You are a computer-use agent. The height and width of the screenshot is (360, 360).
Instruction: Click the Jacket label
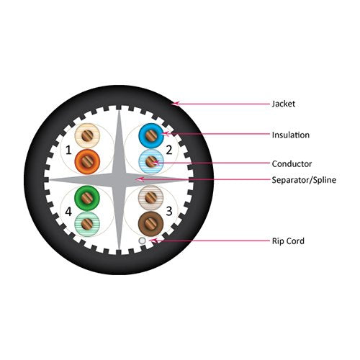point(283,104)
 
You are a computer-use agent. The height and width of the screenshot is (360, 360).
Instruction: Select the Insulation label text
point(290,135)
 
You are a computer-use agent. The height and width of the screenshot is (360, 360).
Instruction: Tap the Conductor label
point(292,164)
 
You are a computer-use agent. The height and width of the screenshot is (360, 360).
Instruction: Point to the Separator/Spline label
point(304,180)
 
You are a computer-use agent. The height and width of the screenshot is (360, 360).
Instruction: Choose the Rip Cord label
point(288,241)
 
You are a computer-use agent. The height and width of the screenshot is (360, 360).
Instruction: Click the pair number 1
point(68,150)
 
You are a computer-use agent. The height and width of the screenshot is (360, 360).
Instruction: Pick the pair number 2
point(169,150)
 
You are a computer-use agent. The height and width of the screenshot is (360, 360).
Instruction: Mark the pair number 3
point(169,211)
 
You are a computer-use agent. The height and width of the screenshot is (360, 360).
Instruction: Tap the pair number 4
point(68,212)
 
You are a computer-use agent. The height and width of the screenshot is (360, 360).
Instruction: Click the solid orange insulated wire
point(87,162)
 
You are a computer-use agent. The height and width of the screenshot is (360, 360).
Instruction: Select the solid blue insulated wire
point(151,136)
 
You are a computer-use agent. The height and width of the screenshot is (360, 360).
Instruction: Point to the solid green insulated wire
point(87,198)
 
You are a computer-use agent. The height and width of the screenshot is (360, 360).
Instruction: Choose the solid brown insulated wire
point(150,224)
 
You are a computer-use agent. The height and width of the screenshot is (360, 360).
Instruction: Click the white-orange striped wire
point(87,136)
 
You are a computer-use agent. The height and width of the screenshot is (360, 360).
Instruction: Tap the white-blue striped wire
point(151,162)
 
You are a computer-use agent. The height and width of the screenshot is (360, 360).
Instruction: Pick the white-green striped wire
point(87,224)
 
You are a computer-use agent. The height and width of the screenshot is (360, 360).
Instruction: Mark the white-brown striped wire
point(150,198)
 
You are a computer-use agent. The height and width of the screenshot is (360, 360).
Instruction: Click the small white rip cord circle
point(143,240)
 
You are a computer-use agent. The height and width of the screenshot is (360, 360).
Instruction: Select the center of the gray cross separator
point(119,180)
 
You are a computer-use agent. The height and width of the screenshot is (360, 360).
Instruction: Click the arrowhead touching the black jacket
point(176,104)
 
